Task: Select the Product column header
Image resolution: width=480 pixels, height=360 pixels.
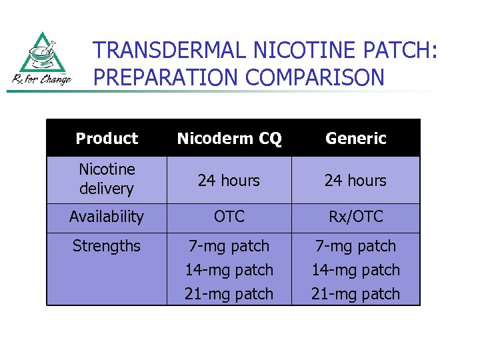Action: pos(107,139)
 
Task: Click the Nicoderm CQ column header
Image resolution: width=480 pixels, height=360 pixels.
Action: pos(229,139)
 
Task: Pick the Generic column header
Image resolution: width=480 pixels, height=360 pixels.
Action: pos(356,139)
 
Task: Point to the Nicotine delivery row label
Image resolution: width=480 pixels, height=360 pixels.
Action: pos(107,179)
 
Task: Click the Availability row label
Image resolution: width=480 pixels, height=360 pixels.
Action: pos(107,217)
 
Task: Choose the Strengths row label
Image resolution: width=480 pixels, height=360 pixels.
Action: pos(107,246)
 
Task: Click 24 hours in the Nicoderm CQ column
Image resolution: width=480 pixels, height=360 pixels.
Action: pos(229,181)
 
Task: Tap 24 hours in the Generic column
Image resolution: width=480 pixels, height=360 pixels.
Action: pos(356,181)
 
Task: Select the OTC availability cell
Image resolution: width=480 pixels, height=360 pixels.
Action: pos(229,217)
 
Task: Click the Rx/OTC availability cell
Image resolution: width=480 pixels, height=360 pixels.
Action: pos(356,217)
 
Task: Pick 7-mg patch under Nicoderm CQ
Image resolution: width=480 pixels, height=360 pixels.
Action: pos(229,246)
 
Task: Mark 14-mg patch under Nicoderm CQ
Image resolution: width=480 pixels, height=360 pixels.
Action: pos(229,270)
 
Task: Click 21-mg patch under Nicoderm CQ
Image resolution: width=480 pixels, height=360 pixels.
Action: pos(229,294)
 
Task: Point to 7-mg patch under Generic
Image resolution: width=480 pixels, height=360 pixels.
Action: pos(356,246)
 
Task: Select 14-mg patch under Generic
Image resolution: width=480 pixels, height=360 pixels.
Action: pos(356,270)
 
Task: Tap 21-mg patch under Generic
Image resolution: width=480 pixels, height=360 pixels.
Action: pos(356,294)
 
